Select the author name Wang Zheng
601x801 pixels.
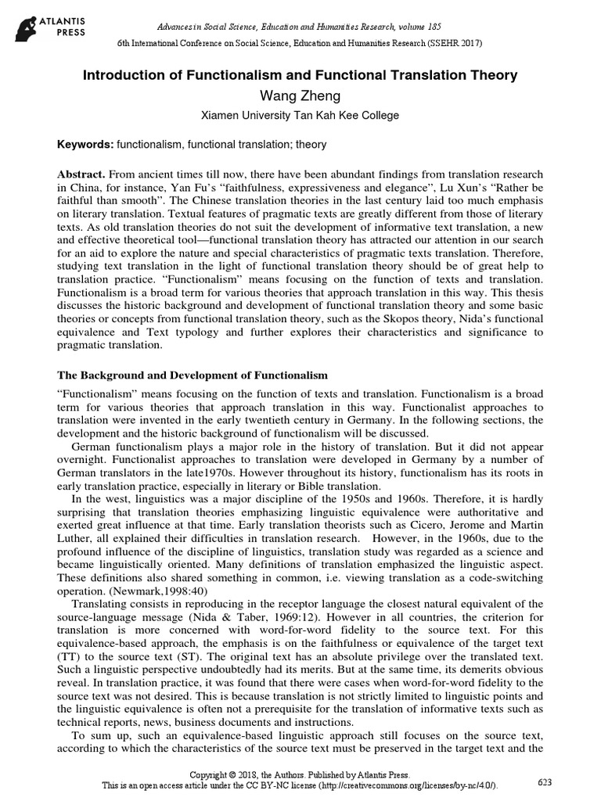(300, 95)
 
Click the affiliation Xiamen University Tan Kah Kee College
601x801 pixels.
(300, 116)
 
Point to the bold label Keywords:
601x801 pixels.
(85, 145)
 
